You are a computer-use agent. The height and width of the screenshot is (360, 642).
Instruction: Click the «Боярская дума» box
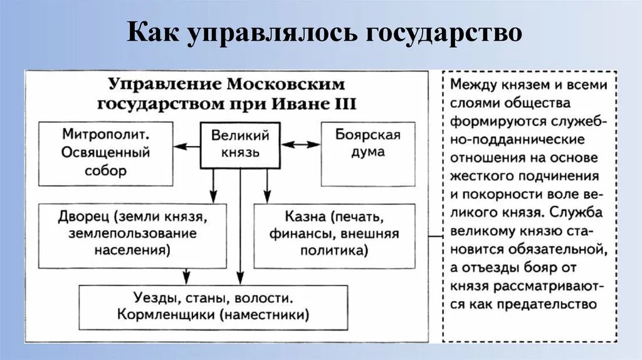point(367,154)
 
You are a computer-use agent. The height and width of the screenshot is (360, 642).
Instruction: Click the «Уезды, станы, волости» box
point(213,306)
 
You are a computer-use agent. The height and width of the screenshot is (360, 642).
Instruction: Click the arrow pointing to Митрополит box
point(186,146)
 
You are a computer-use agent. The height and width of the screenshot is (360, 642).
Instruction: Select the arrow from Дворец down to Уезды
point(186,275)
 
